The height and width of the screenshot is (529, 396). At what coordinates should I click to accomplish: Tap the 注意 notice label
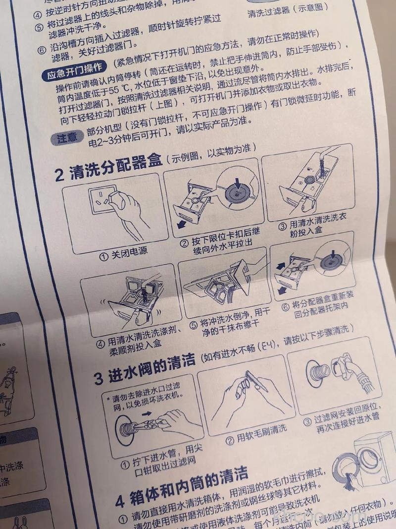point(66,138)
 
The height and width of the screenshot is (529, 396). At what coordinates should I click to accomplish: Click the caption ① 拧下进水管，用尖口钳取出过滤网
point(158,467)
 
